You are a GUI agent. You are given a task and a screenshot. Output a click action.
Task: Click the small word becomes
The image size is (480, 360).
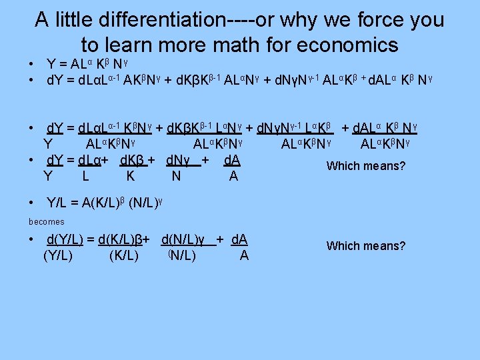coord(47,221)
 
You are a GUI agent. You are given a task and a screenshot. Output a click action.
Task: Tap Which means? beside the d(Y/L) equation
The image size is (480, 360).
coord(365,246)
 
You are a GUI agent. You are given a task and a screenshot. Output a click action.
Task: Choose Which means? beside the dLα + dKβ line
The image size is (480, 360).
coord(365,166)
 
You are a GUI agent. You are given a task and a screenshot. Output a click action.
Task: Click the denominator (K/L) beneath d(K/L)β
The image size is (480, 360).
coord(123,256)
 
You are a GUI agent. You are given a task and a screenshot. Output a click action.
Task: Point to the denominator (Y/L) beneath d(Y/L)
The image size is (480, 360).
coord(58,256)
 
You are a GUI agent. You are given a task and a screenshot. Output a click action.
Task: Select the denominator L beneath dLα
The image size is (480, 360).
coord(86,177)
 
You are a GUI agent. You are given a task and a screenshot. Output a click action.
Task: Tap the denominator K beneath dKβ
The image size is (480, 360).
coord(131,177)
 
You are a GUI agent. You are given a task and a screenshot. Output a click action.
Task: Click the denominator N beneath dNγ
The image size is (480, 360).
coord(175,177)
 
